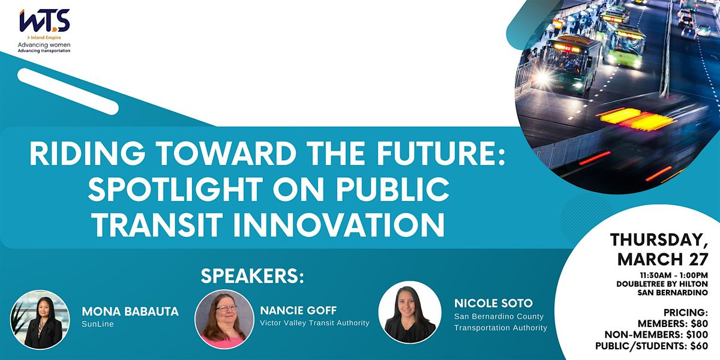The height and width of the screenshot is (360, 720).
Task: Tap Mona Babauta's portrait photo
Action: (x=40, y=320)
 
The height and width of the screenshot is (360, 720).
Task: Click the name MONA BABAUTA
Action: (x=130, y=311)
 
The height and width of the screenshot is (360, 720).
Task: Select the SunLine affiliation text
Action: (x=98, y=324)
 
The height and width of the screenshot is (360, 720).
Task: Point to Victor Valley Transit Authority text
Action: (x=314, y=323)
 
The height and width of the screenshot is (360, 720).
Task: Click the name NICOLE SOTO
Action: (x=494, y=303)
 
